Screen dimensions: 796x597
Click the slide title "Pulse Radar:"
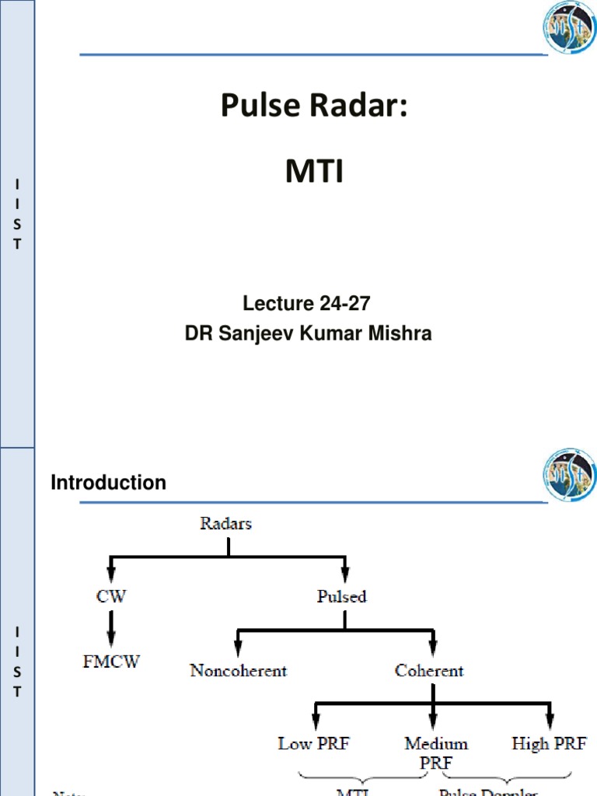(313, 106)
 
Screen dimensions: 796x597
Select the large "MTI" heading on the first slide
(314, 172)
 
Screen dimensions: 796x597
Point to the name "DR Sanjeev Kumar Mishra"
(308, 333)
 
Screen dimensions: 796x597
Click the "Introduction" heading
(108, 483)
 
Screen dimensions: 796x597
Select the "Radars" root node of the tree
(226, 524)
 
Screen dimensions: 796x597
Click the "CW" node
(110, 597)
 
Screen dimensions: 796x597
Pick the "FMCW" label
(111, 663)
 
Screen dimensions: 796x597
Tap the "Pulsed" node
(342, 597)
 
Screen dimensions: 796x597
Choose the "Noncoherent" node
(238, 670)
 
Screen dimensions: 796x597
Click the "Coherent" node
(429, 670)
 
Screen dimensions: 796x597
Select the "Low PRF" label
(314, 744)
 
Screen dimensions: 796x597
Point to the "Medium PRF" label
(436, 752)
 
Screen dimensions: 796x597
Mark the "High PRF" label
(550, 744)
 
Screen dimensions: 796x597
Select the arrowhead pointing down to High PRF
(550, 719)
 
